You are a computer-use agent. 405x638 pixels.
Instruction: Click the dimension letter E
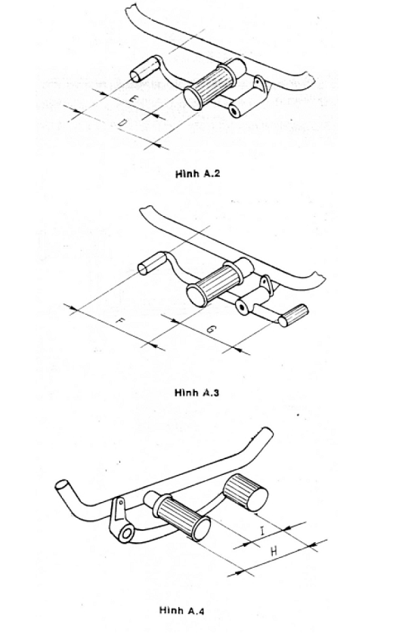(x=133, y=99)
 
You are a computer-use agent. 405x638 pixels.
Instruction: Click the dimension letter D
(x=122, y=123)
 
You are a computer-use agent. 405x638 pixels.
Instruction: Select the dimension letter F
(x=119, y=321)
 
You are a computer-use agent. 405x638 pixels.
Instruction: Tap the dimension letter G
(x=211, y=330)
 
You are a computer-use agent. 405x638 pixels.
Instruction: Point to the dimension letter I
(x=262, y=530)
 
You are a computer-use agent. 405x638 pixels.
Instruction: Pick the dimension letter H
(x=274, y=551)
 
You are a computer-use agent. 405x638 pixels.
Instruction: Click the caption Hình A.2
(x=198, y=174)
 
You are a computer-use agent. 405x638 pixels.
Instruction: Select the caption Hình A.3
(x=197, y=393)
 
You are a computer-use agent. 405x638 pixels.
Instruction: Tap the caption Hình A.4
(x=182, y=611)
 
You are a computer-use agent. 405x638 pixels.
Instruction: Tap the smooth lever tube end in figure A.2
(x=145, y=69)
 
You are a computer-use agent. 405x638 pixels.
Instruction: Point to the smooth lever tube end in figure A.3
(x=153, y=264)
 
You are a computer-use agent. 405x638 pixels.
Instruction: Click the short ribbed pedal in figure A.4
(x=246, y=492)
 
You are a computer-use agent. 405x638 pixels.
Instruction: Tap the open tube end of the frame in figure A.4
(x=61, y=485)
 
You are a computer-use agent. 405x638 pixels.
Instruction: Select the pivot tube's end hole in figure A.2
(x=234, y=111)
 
